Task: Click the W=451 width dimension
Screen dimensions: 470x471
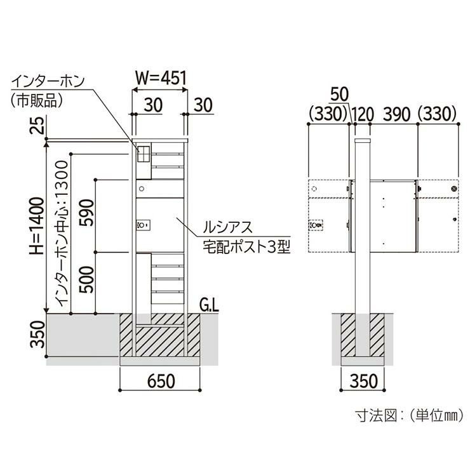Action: tap(161, 78)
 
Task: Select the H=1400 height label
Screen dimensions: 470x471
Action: tap(37, 226)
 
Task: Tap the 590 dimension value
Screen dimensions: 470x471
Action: tap(86, 213)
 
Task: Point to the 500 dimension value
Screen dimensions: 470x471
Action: tap(86, 279)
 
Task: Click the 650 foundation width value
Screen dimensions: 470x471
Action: tap(161, 381)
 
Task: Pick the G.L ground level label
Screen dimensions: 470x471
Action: tap(209, 306)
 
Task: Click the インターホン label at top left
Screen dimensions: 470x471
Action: tap(48, 81)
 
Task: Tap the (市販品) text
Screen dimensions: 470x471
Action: tap(37, 100)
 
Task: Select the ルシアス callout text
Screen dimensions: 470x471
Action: tap(227, 227)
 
